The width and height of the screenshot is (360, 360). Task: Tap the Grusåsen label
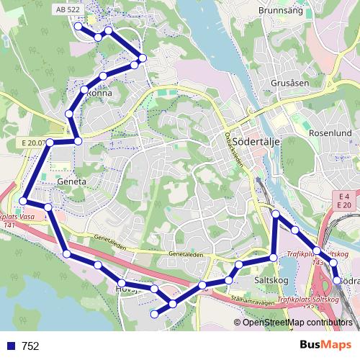[289, 83]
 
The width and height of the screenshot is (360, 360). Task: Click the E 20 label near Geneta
[32, 143]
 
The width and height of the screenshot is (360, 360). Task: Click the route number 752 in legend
[31, 346]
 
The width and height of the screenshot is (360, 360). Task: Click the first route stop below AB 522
[78, 26]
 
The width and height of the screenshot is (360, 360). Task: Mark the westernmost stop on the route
[24, 201]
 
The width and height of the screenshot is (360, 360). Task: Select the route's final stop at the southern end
[153, 314]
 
